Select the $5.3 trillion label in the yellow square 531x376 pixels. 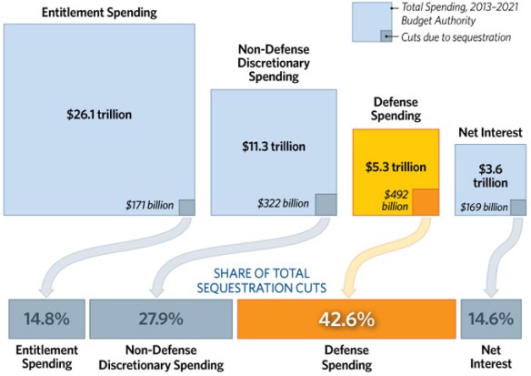[396, 166]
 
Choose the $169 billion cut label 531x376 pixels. [483, 207]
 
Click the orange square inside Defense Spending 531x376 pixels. [426, 201]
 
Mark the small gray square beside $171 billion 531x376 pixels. [186, 207]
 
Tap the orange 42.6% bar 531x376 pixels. [345, 320]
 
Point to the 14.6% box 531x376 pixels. [491, 320]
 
